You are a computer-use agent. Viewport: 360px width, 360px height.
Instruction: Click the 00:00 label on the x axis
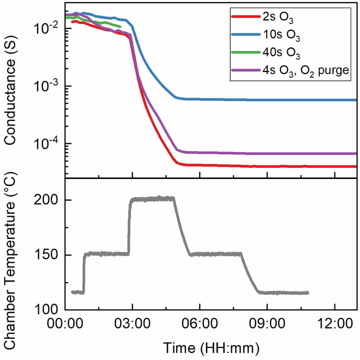click(x=65, y=322)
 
